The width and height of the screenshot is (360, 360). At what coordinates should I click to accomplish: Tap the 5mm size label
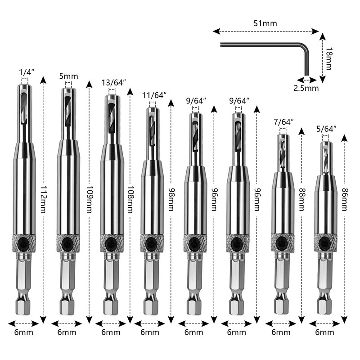pos(67,76)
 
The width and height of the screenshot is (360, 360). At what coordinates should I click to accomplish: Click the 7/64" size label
pos(283,121)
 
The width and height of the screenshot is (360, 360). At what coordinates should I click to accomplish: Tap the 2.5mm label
pos(306,88)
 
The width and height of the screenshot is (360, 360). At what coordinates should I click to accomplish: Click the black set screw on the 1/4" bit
pos(23,243)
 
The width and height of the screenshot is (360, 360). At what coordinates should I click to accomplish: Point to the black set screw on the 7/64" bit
pos(280,243)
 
